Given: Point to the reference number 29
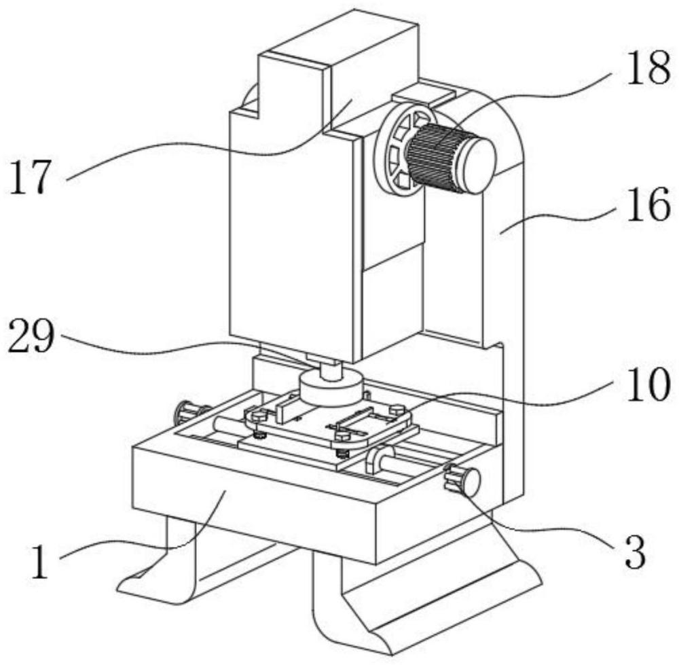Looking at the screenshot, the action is click(31, 336).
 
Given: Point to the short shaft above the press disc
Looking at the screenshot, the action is click(331, 370).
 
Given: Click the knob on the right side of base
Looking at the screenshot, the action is click(463, 481).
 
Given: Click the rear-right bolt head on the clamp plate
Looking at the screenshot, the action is click(397, 408).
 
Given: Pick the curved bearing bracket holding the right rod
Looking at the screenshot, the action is click(375, 460).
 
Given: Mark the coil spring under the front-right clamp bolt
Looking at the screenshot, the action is click(343, 452).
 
